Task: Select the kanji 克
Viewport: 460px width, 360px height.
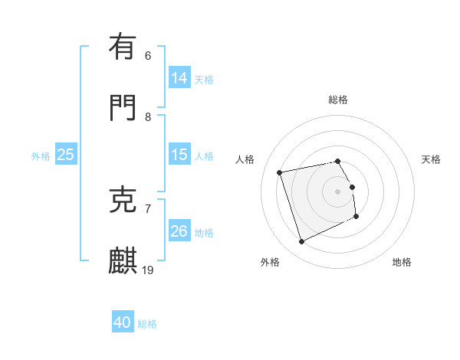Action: point(123,199)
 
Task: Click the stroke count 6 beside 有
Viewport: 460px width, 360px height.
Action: point(148,55)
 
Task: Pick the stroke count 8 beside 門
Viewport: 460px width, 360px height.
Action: point(148,116)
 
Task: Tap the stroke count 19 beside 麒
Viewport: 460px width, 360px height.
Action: point(149,270)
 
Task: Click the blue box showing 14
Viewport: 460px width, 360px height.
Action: point(179,78)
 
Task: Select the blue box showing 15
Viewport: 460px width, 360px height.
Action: point(179,155)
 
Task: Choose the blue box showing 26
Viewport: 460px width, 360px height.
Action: point(179,231)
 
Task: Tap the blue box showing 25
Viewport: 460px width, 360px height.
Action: point(66,155)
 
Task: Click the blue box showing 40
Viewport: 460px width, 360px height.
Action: point(123,323)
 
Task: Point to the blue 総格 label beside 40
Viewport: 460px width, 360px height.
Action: point(148,324)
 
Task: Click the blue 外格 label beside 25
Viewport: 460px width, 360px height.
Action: point(41,155)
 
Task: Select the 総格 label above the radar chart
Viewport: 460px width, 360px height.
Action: point(338,100)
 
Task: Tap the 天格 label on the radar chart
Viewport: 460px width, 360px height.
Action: point(432,159)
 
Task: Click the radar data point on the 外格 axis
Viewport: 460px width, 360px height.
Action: point(301,242)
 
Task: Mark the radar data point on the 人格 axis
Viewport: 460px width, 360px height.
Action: point(280,172)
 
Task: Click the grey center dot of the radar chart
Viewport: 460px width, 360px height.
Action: point(338,191)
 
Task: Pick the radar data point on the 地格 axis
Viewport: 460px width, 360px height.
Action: point(356,217)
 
